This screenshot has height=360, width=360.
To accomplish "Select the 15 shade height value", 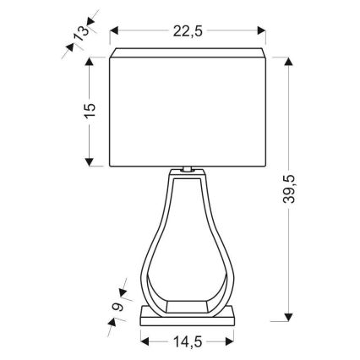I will (90, 110).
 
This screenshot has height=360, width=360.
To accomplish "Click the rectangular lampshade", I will (191, 110).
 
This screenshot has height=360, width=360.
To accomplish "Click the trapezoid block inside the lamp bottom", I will (189, 303).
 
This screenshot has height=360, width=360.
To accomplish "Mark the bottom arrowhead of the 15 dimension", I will (90, 163).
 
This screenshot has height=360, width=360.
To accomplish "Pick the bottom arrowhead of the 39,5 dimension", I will (292, 319).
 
